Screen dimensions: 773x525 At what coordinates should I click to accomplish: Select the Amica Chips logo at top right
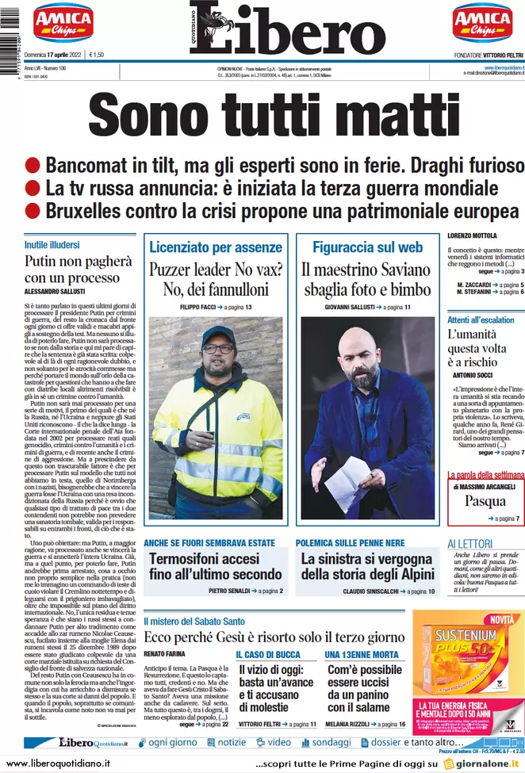click(x=482, y=25)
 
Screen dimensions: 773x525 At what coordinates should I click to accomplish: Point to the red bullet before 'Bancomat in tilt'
click(x=33, y=166)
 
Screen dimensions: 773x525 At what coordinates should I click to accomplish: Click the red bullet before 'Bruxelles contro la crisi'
click(x=33, y=212)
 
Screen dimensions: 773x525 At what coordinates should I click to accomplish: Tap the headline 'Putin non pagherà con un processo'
click(x=78, y=270)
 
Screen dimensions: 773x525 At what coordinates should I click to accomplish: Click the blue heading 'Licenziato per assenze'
click(x=216, y=247)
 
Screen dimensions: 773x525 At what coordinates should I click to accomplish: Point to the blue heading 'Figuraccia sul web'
click(x=367, y=247)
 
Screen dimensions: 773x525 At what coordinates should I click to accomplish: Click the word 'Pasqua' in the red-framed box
click(x=485, y=501)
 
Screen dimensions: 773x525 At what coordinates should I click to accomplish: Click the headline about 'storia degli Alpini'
click(x=366, y=566)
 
